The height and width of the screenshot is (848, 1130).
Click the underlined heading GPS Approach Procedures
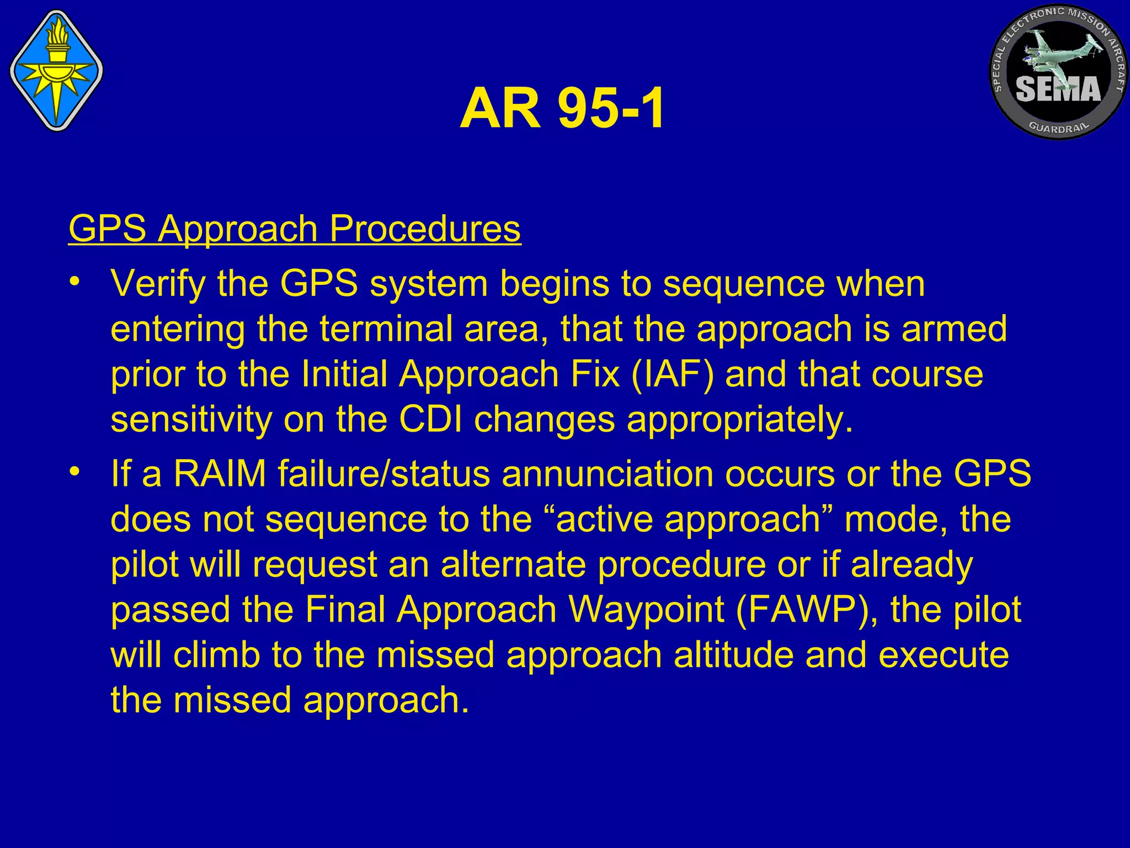click(x=295, y=229)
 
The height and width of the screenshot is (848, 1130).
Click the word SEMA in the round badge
click(x=1058, y=89)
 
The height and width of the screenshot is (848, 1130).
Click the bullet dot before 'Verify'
click(x=75, y=282)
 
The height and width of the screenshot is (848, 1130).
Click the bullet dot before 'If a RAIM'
click(x=75, y=473)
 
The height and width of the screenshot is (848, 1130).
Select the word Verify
click(x=158, y=284)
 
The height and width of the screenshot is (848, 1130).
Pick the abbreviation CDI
click(x=430, y=420)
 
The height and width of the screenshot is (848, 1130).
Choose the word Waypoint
click(x=646, y=610)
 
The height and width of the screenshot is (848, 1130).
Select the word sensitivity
click(x=191, y=420)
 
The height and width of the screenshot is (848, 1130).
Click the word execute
click(x=943, y=655)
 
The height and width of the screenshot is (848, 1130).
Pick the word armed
click(x=954, y=329)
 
